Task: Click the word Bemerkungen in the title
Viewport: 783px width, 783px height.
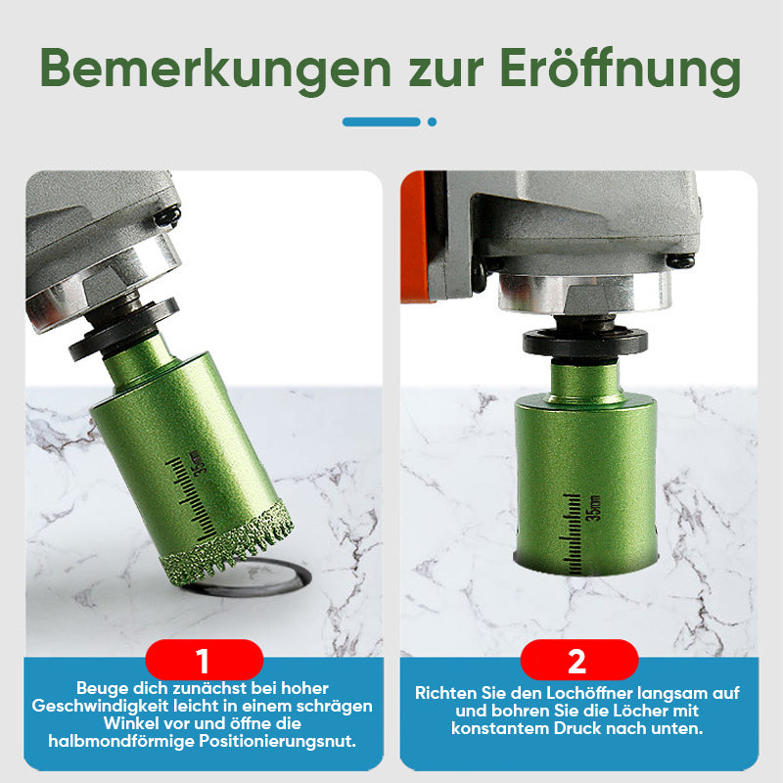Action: [215, 69]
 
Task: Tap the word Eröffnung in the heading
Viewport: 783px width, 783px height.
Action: [620, 70]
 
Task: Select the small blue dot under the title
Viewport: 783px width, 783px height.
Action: [432, 121]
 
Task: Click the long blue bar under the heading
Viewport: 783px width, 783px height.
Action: [382, 121]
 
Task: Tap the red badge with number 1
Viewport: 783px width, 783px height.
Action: [204, 660]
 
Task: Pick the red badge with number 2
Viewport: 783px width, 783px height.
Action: [578, 660]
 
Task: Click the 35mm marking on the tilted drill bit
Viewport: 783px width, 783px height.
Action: [199, 463]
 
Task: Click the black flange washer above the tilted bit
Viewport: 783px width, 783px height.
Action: [123, 329]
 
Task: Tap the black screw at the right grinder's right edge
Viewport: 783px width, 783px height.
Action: [680, 260]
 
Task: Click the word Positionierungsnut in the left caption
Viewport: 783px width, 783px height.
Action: [277, 741]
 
